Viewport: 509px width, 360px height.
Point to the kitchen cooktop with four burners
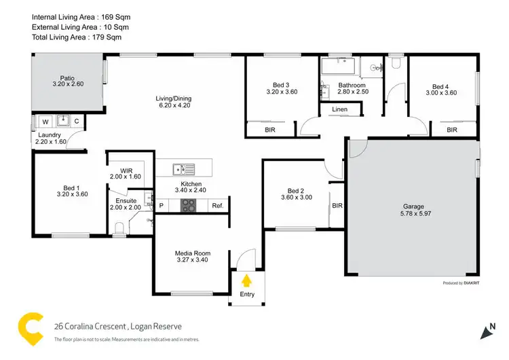coord(187,205)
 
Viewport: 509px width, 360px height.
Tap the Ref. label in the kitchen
coord(217,206)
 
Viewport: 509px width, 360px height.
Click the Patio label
coord(67,78)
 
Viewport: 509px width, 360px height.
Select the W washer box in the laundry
coord(45,122)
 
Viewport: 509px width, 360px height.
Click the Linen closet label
coord(340,109)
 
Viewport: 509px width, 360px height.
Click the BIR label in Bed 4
coord(452,129)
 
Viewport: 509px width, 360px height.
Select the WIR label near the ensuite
coord(126,170)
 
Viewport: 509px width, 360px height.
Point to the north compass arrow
coord(487,331)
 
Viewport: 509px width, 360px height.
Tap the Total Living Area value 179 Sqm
coord(105,37)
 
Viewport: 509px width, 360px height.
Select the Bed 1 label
coord(71,187)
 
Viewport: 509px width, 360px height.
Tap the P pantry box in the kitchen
coord(162,206)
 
